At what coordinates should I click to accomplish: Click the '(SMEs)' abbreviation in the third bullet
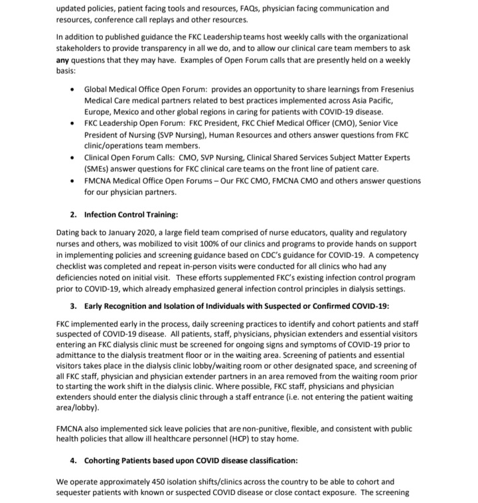click(97, 170)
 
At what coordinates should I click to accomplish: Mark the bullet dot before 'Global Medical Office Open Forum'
click(72, 89)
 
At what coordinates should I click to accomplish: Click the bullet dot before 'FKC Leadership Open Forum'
click(72, 123)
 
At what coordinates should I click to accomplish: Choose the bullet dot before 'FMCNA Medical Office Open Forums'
click(72, 180)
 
